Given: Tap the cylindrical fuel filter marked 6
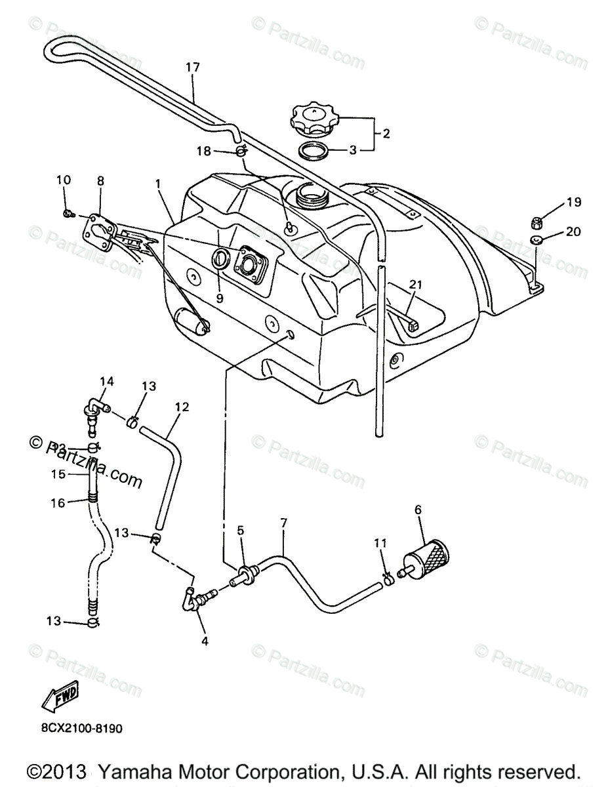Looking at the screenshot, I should tap(430, 557).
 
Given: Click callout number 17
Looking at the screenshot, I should tap(192, 67).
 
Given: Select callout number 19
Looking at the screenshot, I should tap(574, 203).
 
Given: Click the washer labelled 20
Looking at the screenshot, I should tap(537, 240).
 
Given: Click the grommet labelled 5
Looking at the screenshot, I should tap(246, 573).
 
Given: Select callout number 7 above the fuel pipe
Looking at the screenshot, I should tap(283, 523).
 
